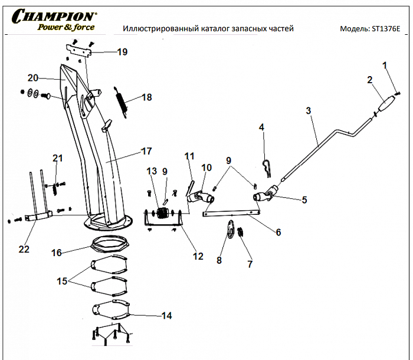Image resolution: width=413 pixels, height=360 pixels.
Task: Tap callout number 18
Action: point(146,97)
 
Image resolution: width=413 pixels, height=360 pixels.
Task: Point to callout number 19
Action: point(122,52)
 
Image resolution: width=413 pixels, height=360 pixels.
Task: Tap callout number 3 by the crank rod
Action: point(307,110)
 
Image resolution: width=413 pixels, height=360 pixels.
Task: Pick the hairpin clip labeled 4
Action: point(267,168)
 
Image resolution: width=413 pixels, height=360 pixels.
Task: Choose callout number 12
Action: point(198,256)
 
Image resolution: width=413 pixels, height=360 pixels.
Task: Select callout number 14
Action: point(166,316)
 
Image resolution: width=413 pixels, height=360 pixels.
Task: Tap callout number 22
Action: point(24,249)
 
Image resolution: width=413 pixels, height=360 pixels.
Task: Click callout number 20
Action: point(32,77)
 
